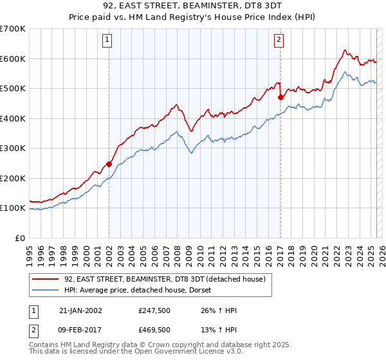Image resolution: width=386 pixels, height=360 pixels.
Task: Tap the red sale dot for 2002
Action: pos(109,164)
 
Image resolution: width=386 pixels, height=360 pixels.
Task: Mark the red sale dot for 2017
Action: pos(280,98)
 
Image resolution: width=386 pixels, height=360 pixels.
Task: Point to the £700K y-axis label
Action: pos(13,29)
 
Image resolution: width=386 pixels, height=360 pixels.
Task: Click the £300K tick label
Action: pos(13,148)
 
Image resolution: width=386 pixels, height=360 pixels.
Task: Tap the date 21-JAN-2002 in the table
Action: pos(81,310)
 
